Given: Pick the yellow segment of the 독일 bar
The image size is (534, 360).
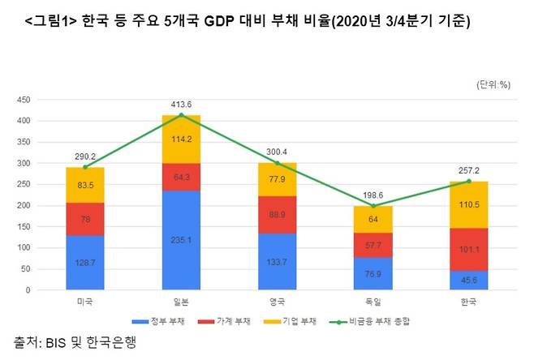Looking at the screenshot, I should (373, 219).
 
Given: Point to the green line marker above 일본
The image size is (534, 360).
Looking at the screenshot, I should (181, 115).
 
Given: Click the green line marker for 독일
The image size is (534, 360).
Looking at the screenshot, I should (373, 206).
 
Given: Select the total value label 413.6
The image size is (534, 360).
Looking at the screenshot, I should (181, 105).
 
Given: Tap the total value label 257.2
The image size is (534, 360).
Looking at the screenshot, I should (468, 171).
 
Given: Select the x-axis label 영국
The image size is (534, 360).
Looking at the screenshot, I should (277, 302).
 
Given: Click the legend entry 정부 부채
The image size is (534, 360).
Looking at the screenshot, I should (166, 321).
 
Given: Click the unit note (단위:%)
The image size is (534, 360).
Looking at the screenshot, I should (492, 84).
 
